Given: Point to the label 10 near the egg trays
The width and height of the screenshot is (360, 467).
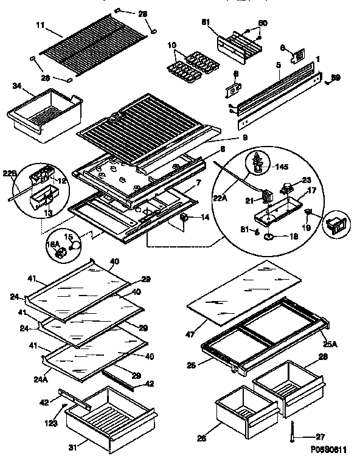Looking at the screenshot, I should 172,46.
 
